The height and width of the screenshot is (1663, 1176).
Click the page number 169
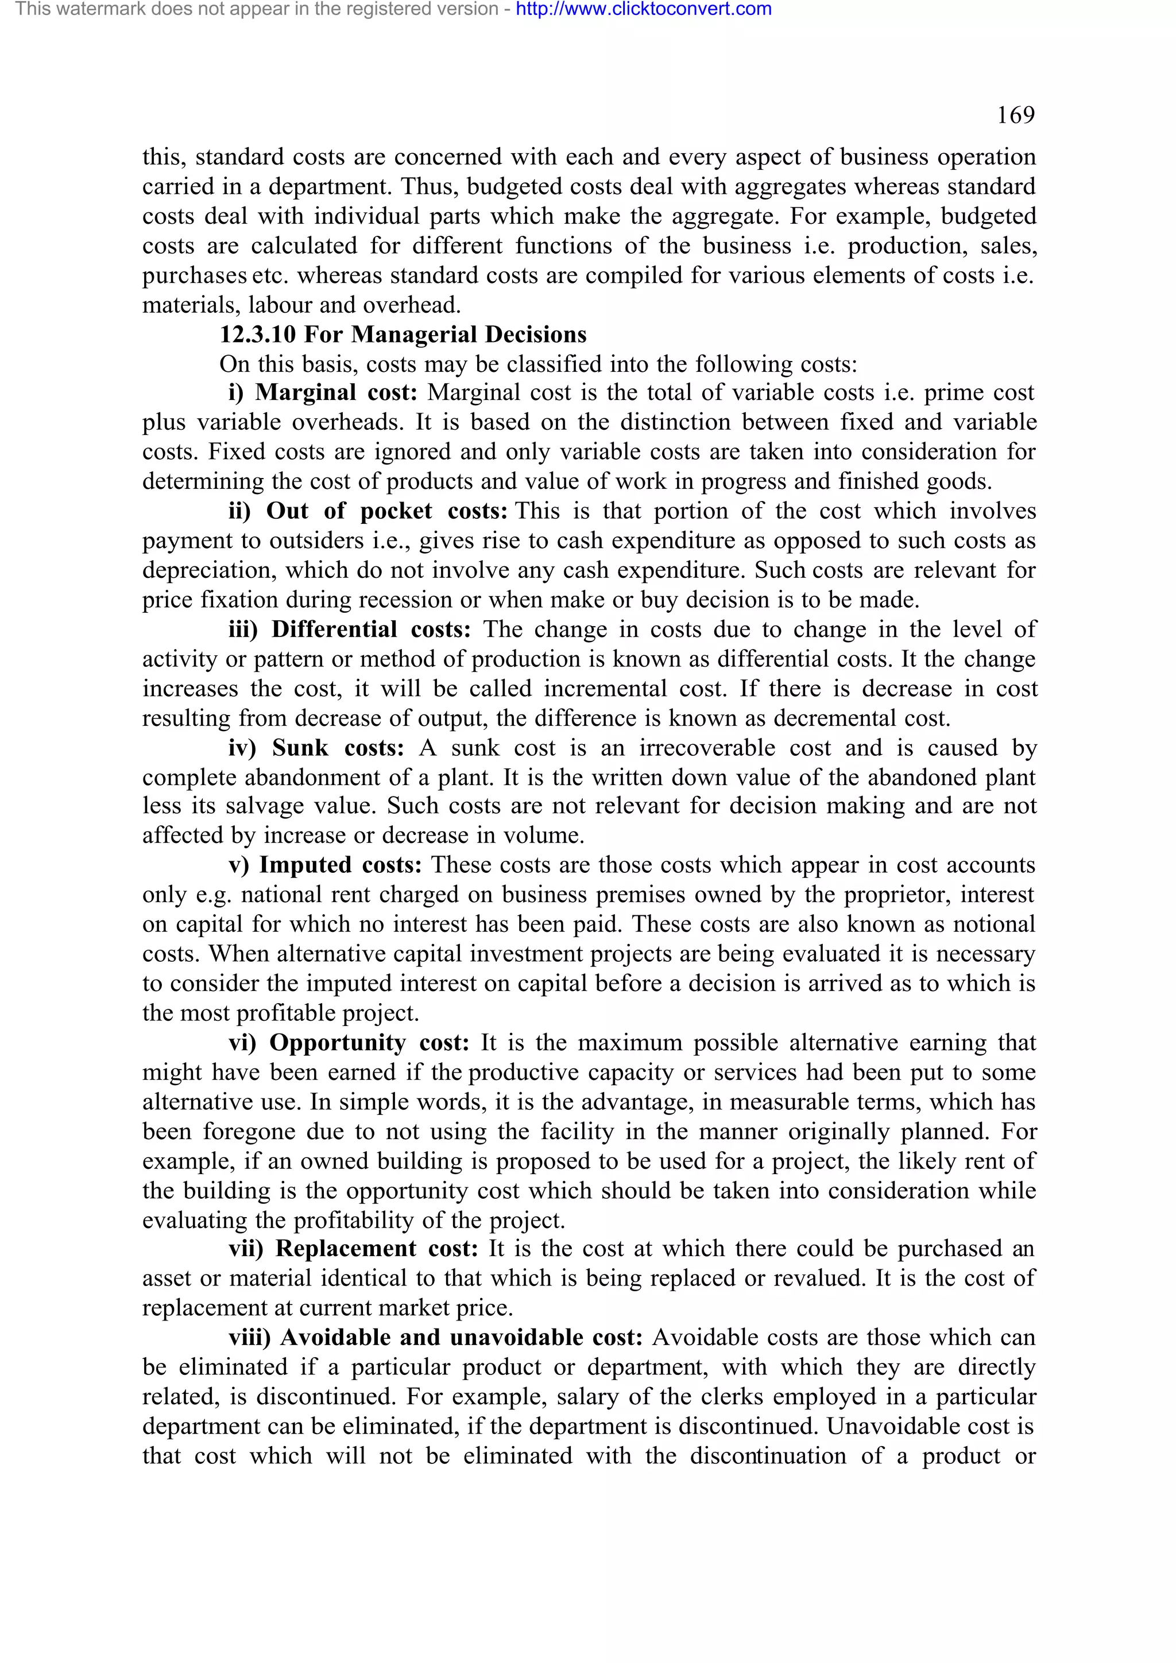click(1015, 115)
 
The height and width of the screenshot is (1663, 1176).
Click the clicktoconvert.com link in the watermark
click(644, 9)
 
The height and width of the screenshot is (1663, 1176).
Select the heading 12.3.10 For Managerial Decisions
click(403, 335)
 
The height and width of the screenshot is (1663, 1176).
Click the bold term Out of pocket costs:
click(386, 511)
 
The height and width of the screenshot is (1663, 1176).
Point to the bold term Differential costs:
click(371, 630)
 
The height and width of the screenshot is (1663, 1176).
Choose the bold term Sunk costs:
click(337, 748)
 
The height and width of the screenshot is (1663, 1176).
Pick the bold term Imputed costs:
click(340, 865)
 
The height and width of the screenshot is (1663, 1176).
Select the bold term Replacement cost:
click(376, 1249)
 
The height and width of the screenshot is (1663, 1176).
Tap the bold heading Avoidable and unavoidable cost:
click(461, 1338)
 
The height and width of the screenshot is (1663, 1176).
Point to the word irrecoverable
click(707, 748)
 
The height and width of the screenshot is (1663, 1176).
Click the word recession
click(392, 600)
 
